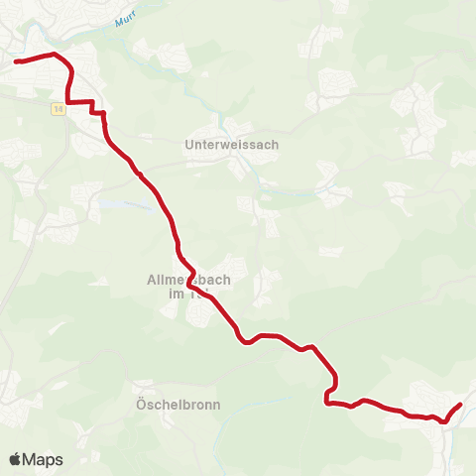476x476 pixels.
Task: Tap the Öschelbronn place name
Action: click(178, 405)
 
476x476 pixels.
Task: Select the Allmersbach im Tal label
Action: click(181, 287)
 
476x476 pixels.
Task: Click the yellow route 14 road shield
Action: click(59, 108)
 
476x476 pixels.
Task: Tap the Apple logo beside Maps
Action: click(15, 459)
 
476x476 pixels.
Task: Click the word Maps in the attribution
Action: click(43, 460)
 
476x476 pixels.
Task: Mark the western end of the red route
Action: click(17, 61)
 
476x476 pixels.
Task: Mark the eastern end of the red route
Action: click(461, 405)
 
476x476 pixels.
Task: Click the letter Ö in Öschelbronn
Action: click(139, 404)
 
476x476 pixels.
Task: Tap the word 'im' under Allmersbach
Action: click(173, 294)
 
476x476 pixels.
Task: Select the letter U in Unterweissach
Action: click(189, 144)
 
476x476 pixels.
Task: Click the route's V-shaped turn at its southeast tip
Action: click(444, 420)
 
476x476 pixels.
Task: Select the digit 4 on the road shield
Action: click(61, 108)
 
